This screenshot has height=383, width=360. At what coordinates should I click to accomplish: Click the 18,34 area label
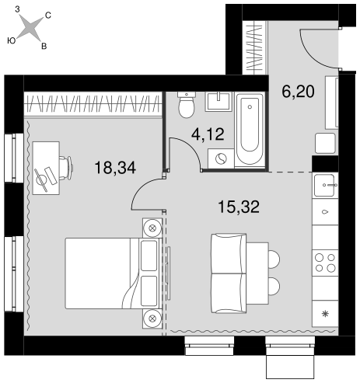(x=115, y=167)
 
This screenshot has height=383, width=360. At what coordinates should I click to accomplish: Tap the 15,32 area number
(x=239, y=207)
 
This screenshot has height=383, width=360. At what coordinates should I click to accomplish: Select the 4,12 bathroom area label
(x=208, y=134)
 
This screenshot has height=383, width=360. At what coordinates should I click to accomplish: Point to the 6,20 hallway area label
(x=299, y=92)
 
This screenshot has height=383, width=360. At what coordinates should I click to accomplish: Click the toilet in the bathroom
(x=186, y=105)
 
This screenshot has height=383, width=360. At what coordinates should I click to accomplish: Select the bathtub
(x=250, y=129)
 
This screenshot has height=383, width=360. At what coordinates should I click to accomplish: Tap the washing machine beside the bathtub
(x=221, y=158)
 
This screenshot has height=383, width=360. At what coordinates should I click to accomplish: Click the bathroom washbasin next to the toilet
(x=219, y=102)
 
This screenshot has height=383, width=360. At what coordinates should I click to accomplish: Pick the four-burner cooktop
(x=325, y=263)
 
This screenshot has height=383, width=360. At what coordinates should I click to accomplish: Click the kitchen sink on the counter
(x=326, y=185)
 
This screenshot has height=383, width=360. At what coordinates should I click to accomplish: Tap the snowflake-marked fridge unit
(x=325, y=314)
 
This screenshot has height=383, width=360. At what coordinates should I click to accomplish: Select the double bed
(x=114, y=273)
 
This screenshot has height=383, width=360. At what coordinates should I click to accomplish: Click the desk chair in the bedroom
(x=66, y=168)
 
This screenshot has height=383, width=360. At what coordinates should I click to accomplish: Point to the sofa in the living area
(x=229, y=273)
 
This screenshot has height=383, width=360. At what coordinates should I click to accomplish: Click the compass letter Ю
(x=12, y=40)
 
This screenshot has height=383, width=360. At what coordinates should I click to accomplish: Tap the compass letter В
(x=44, y=46)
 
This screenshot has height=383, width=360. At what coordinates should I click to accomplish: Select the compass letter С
(x=48, y=16)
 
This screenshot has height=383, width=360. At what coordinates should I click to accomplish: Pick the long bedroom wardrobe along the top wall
(x=93, y=104)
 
